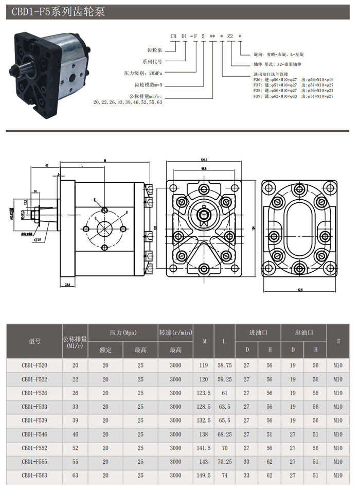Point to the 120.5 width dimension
(x=204, y=160)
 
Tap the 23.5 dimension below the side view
(x=67, y=284)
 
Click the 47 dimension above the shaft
(x=46, y=166)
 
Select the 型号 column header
(x=34, y=341)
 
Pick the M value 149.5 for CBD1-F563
(x=205, y=475)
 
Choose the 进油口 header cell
(x=258, y=333)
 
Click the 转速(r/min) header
(x=175, y=333)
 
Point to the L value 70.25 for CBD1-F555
(x=225, y=462)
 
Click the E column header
(x=338, y=341)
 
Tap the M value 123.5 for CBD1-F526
(x=205, y=393)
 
